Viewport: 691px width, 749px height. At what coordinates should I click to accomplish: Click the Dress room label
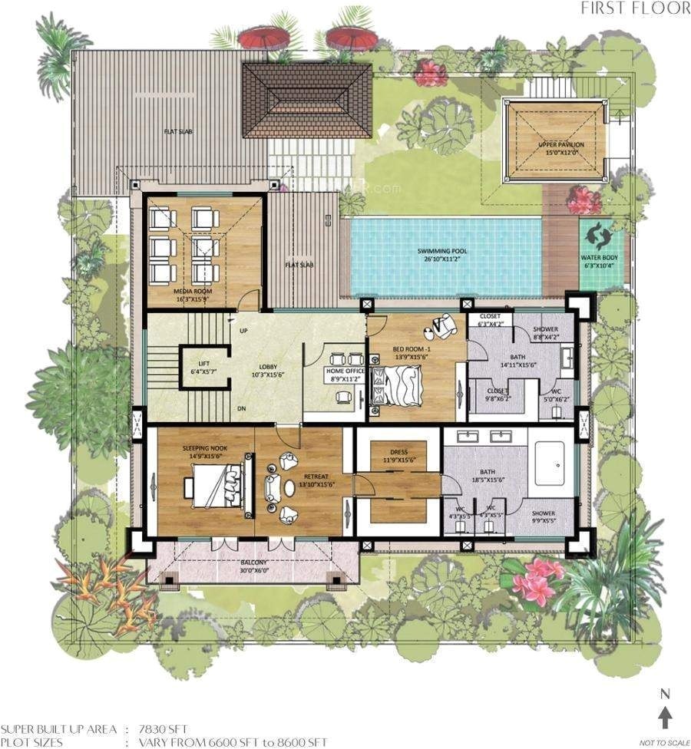click(x=398, y=456)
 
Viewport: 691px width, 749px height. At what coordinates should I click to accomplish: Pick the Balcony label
click(x=253, y=566)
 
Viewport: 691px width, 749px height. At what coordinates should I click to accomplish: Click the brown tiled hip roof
click(x=306, y=100)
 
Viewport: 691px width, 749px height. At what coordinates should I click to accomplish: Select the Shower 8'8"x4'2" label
click(x=546, y=334)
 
